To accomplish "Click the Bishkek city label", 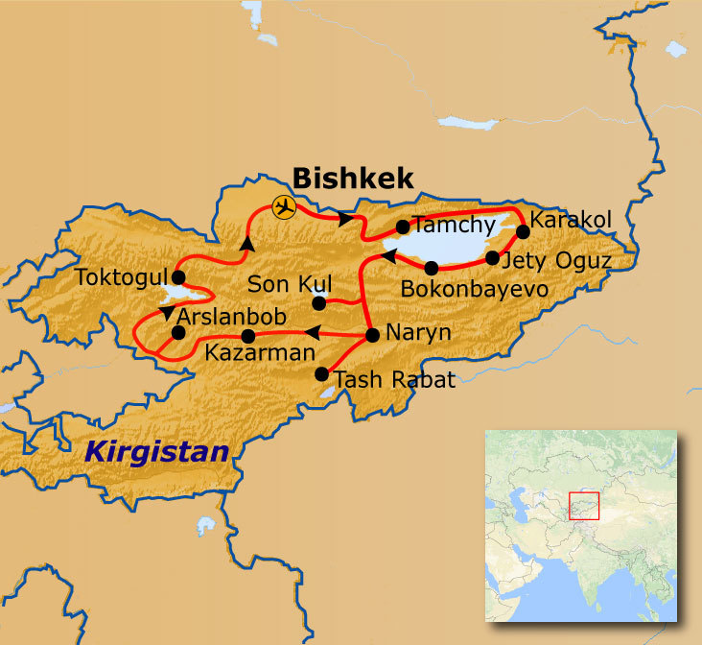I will point(353,178).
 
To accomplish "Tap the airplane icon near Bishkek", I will point(283,206).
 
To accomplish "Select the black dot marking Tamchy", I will point(403,227).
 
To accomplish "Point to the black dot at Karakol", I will point(523,230).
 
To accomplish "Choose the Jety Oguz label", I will point(556,259).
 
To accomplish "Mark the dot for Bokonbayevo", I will point(432,268).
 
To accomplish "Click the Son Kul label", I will point(290,284).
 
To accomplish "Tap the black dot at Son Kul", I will point(319,303).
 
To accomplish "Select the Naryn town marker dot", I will point(372,336).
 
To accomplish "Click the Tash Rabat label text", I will point(393,379).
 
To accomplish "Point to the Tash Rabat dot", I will point(322,375).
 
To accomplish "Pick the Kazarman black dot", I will point(248,336).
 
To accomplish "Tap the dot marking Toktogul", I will point(177,276).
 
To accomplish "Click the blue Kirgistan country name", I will point(157,451).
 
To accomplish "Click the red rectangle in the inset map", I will point(584,505).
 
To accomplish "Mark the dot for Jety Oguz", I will point(492,258).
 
